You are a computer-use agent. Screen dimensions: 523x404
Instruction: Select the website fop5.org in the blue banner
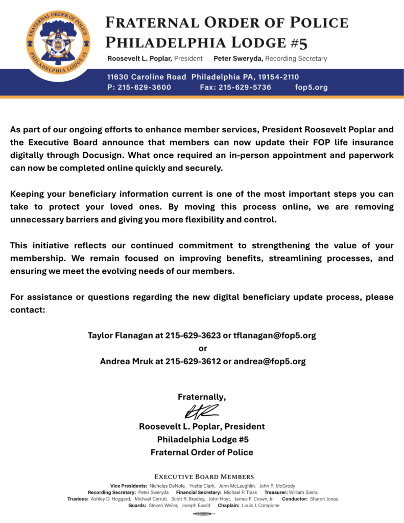tap(312, 87)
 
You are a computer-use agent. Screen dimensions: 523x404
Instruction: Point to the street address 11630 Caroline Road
tap(147, 77)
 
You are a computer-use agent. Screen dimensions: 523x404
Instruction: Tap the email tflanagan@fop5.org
tap(275, 336)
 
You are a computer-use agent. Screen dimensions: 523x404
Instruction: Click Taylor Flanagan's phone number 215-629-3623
tap(193, 336)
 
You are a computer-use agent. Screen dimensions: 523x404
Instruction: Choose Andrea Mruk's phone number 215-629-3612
tap(193, 361)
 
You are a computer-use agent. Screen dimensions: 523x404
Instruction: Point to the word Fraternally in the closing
tap(201, 397)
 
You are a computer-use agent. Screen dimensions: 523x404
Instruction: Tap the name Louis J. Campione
tap(260, 505)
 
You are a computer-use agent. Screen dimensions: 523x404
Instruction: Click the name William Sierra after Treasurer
tap(303, 492)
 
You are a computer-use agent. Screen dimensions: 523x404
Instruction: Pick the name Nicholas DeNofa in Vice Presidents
tap(166, 485)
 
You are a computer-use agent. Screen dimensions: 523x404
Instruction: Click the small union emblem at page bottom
tap(202, 514)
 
